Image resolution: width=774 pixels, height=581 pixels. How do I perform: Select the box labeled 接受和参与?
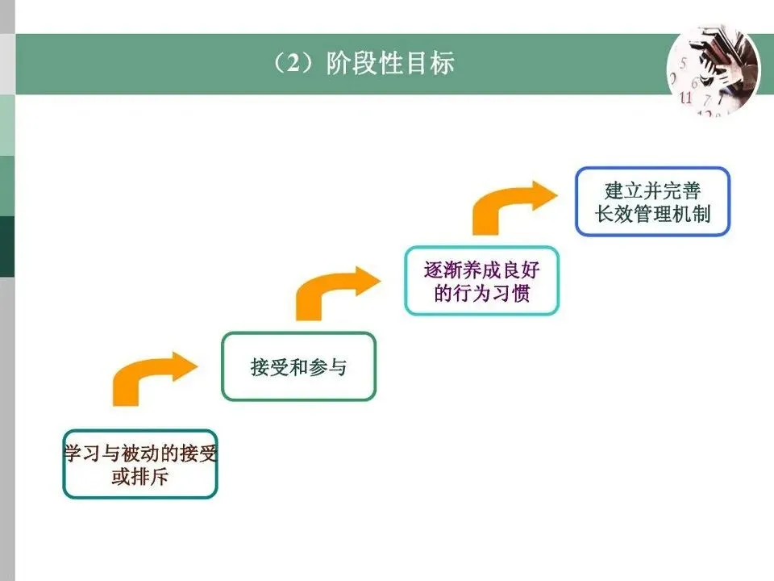point(298,367)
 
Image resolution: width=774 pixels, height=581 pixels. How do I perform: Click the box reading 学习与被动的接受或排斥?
point(140,464)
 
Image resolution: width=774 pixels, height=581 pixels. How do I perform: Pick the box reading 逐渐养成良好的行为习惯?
point(481,280)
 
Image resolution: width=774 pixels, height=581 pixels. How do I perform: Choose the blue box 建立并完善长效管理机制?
point(652,202)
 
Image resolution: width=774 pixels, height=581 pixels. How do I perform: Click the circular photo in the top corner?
point(712,69)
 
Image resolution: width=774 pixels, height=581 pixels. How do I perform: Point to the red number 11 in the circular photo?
point(686,99)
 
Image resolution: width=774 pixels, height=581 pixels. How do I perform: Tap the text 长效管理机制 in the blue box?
point(652,215)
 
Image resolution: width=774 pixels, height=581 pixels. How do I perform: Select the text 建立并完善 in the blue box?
point(652,190)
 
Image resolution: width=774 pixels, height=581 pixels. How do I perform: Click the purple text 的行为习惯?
point(481,293)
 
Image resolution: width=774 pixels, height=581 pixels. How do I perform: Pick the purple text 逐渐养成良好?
point(481,270)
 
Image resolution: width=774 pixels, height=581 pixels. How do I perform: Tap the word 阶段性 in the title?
point(364,63)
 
